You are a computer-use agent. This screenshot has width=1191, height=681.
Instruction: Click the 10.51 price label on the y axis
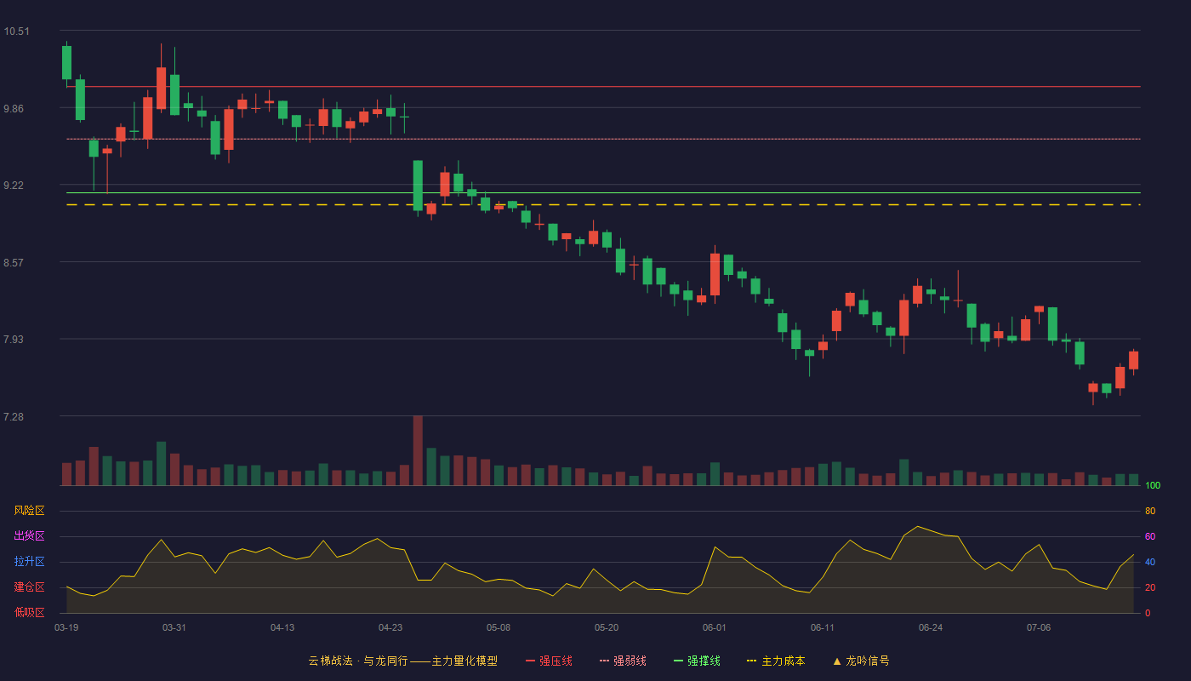coord(16,31)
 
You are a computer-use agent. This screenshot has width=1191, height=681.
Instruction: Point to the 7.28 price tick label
coord(14,416)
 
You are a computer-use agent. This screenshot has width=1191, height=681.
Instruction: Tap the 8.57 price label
coord(14,263)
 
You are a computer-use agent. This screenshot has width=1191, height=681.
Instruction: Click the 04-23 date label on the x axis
coord(390,628)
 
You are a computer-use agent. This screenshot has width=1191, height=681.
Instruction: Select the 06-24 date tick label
coord(931,628)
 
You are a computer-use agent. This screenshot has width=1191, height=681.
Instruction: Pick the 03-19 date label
coord(66,628)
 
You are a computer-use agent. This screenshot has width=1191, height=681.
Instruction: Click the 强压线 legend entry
coord(549,661)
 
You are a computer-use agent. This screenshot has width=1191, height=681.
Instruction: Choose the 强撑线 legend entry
coord(697,661)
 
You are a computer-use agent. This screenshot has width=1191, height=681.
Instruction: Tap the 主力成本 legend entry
coord(776,661)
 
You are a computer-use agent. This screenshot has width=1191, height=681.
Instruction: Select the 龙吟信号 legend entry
coord(861,661)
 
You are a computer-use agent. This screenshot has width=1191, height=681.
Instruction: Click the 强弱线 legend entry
coord(623,661)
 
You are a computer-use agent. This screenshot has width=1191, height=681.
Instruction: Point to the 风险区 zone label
coord(29,510)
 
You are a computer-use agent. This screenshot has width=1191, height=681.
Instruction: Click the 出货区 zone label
coord(29,535)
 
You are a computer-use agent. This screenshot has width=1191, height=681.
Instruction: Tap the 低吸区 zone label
coord(29,612)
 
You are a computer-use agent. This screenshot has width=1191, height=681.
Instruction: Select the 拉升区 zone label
coord(29,561)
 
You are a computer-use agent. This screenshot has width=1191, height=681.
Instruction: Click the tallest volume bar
coord(418,450)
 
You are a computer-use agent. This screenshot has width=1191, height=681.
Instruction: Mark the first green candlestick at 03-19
coord(66,63)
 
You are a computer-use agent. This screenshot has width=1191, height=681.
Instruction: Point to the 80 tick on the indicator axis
coord(1150,511)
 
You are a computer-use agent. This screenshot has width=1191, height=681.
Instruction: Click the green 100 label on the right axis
coord(1153,485)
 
